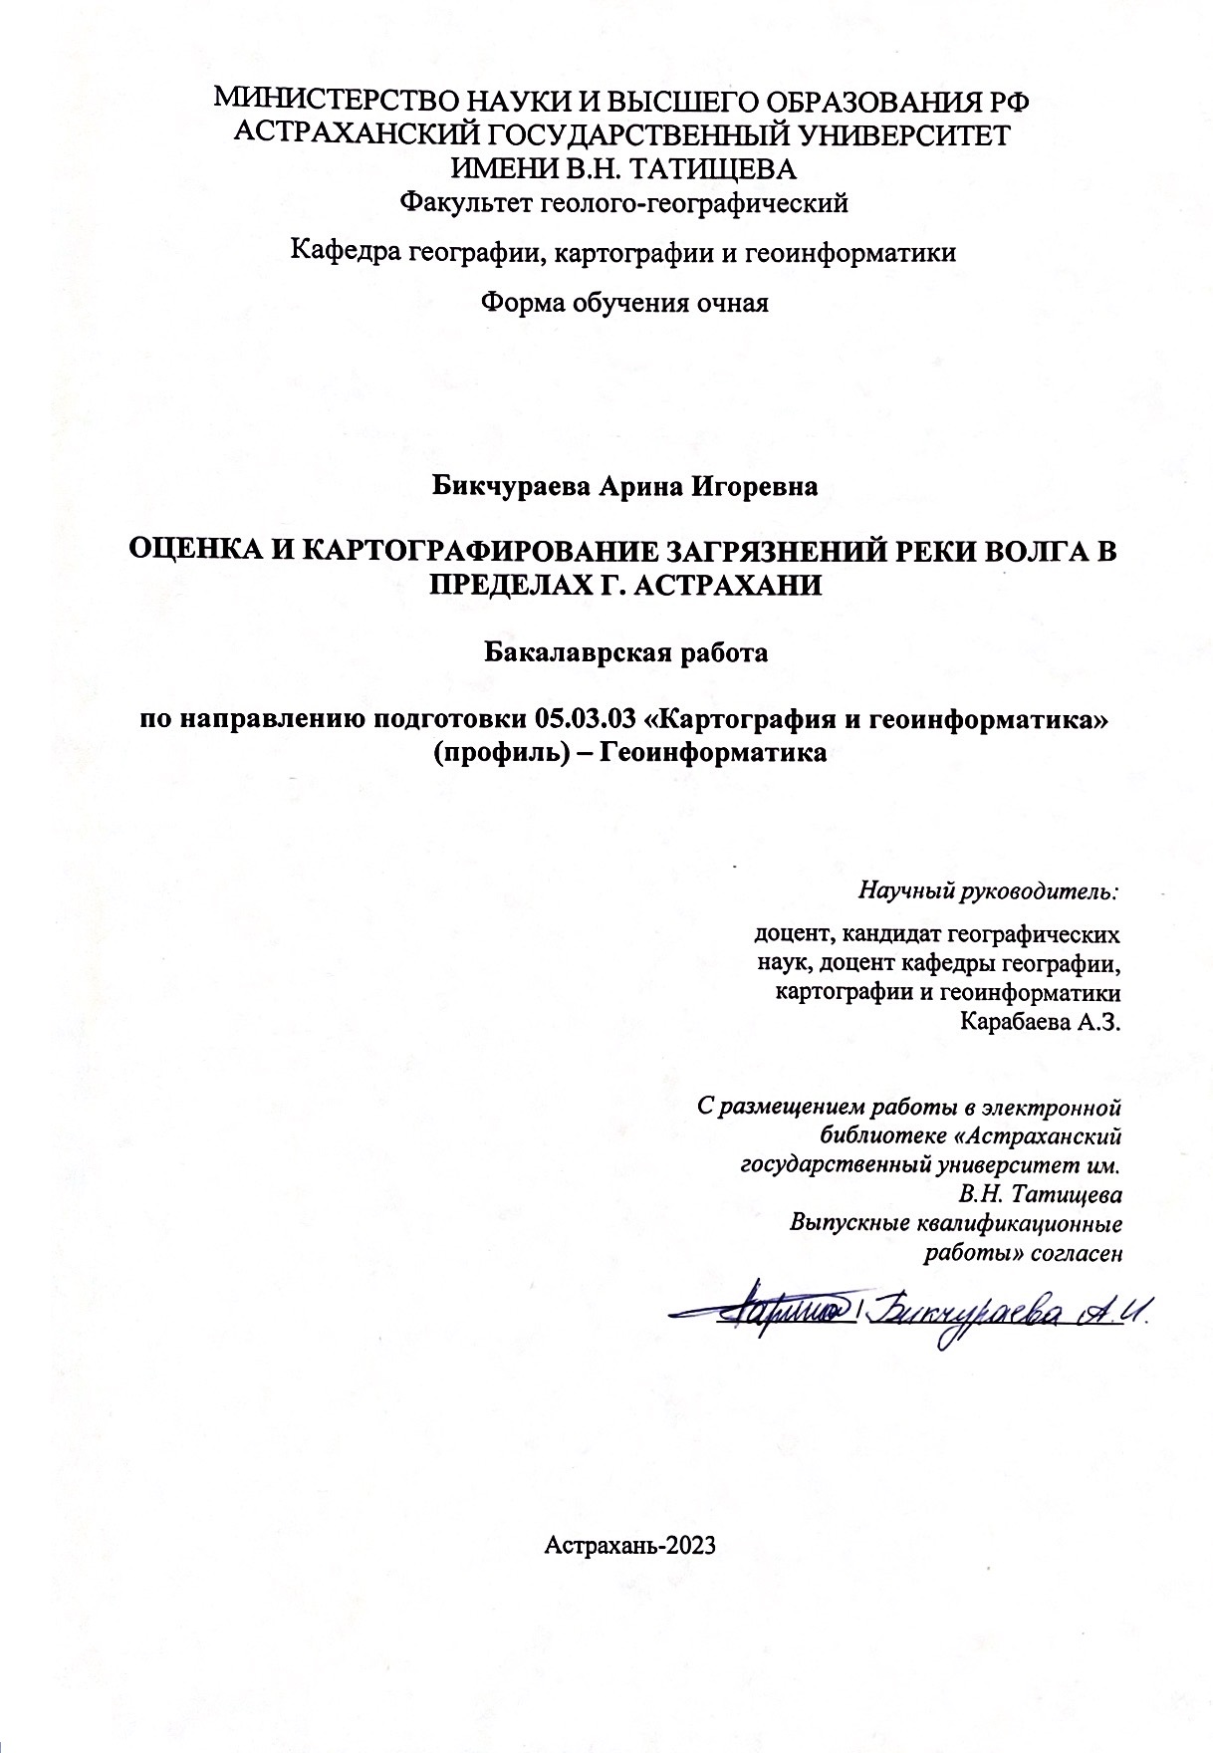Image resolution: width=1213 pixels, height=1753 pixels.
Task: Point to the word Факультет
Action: pyautogui.click(x=464, y=204)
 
